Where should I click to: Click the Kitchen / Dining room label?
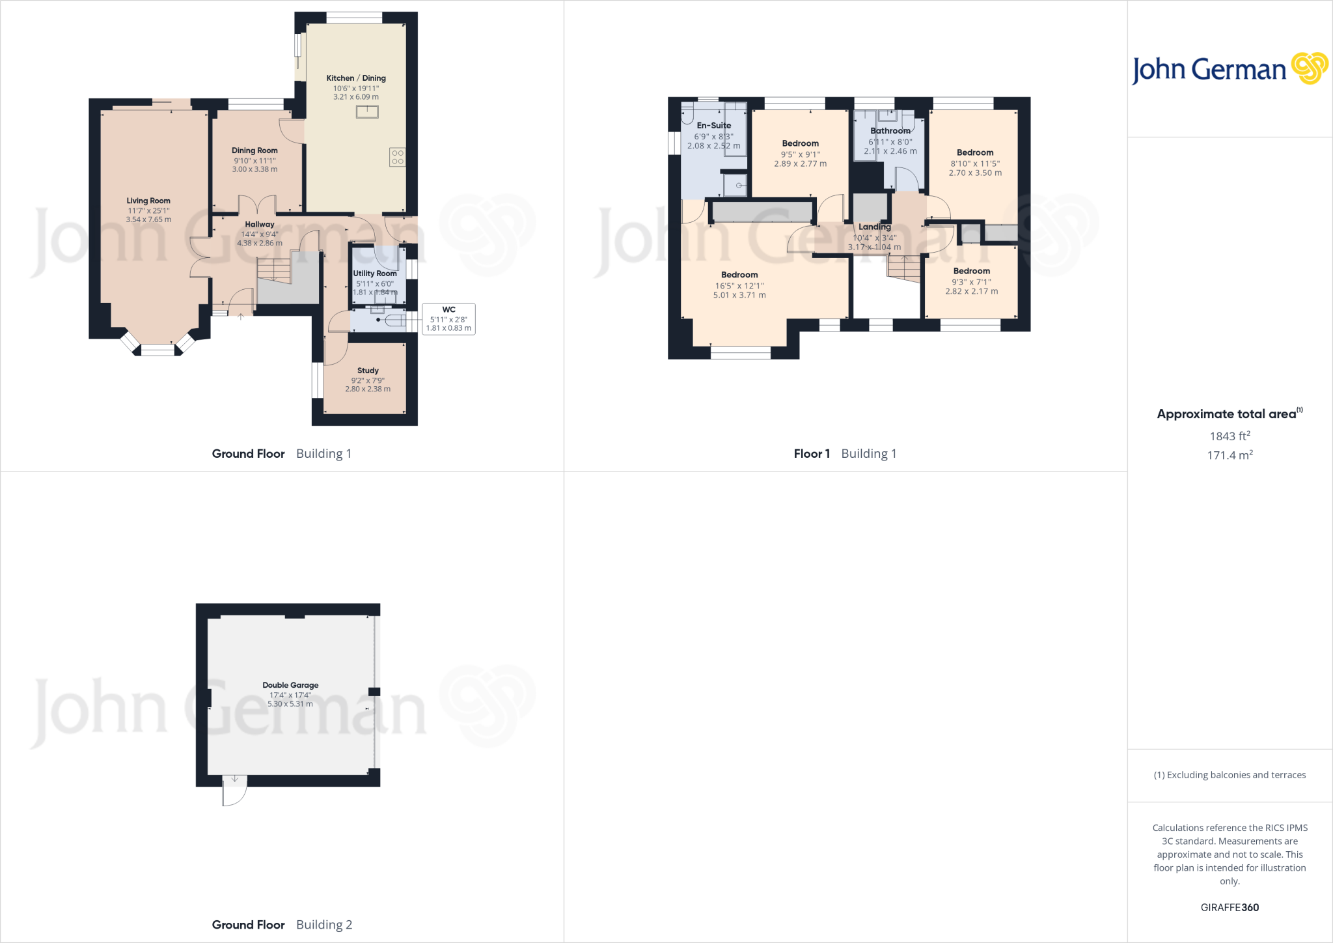pos(355,78)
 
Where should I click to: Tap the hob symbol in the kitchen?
pos(397,157)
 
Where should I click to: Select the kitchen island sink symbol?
pos(367,112)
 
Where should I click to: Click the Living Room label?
pos(148,201)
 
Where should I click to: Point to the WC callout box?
pos(448,319)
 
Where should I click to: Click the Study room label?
pos(368,370)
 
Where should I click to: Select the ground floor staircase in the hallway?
pos(273,270)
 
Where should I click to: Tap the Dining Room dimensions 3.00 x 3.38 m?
pos(254,169)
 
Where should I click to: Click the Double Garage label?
pos(290,685)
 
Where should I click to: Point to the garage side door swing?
pos(234,791)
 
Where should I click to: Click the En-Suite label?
pos(713,125)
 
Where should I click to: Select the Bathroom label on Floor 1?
pos(890,131)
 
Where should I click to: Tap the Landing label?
pos(874,227)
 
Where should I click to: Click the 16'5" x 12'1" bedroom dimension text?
pos(739,285)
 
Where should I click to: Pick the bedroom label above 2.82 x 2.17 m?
pos(971,271)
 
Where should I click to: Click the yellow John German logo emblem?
pos(1309,68)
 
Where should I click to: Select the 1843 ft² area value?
pos(1230,436)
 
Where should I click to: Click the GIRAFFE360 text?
pos(1230,907)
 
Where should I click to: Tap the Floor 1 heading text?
pos(811,453)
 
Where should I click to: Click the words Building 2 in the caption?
pos(323,925)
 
